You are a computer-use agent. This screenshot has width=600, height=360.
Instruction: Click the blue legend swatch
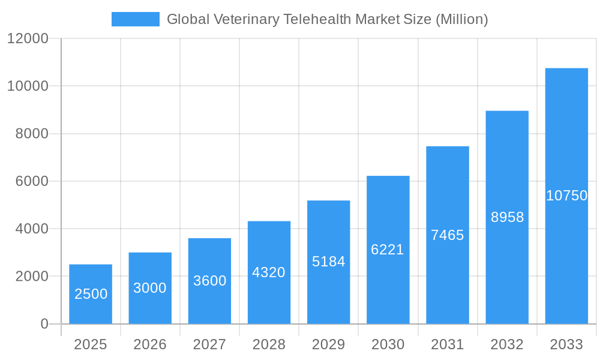[x=135, y=19]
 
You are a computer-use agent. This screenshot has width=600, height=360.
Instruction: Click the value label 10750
[x=566, y=196]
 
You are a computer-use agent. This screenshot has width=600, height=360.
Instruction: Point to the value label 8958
[x=507, y=217]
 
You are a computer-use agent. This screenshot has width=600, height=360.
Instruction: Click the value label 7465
[x=448, y=235]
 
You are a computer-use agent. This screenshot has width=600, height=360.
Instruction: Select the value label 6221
[x=388, y=250]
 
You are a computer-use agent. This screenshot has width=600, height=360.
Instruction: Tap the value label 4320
[x=269, y=272]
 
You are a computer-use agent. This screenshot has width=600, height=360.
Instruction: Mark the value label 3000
[x=150, y=288]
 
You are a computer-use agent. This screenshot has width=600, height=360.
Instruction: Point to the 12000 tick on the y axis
[x=28, y=39]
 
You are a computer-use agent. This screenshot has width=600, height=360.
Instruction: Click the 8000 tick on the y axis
[x=31, y=134]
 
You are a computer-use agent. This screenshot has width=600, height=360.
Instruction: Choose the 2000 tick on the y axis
[x=31, y=277]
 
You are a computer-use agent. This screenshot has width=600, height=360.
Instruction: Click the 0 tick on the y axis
[x=44, y=324]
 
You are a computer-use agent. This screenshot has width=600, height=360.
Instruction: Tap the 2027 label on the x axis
[x=209, y=344]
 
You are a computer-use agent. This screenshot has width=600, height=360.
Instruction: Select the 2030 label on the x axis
[x=388, y=344]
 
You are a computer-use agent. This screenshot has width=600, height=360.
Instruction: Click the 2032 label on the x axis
[x=507, y=344]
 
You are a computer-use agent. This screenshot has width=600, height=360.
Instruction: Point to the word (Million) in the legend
[x=461, y=19]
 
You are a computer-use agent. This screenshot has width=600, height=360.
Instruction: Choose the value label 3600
[x=209, y=281]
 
